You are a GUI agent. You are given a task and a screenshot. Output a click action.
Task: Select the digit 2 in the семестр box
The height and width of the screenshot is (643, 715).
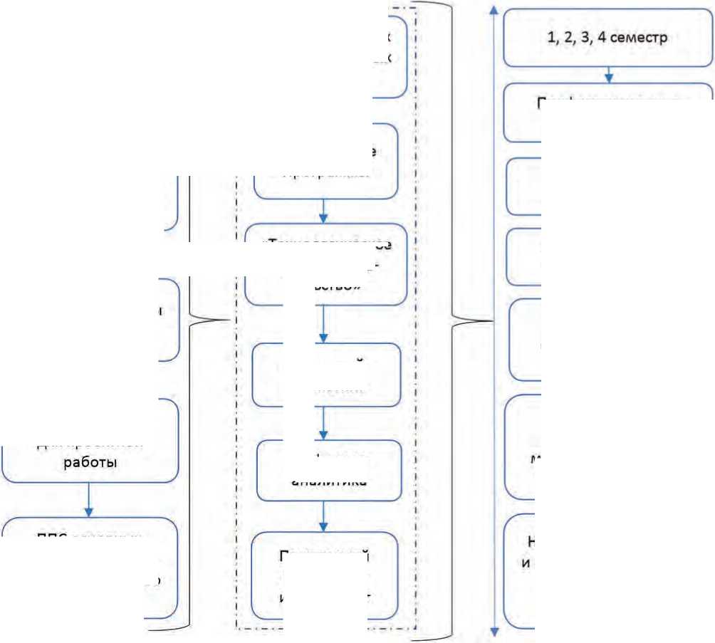(568, 38)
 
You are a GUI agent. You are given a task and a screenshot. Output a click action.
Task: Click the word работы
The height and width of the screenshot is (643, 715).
(90, 462)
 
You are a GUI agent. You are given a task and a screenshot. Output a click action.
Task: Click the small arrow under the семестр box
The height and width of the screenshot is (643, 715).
(609, 74)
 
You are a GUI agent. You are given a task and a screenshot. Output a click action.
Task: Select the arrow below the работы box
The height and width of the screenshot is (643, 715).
(89, 501)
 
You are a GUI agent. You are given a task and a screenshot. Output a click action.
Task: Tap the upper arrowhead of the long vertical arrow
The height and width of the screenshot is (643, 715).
(494, 9)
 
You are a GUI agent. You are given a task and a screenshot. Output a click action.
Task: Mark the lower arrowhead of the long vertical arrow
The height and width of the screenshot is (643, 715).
(494, 632)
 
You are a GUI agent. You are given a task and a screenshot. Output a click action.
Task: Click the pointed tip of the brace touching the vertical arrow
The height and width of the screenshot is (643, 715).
(491, 321)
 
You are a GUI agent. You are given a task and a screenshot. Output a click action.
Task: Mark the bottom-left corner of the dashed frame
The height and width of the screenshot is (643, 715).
(236, 629)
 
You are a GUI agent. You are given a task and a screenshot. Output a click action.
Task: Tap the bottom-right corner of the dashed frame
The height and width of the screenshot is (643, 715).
(416, 629)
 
